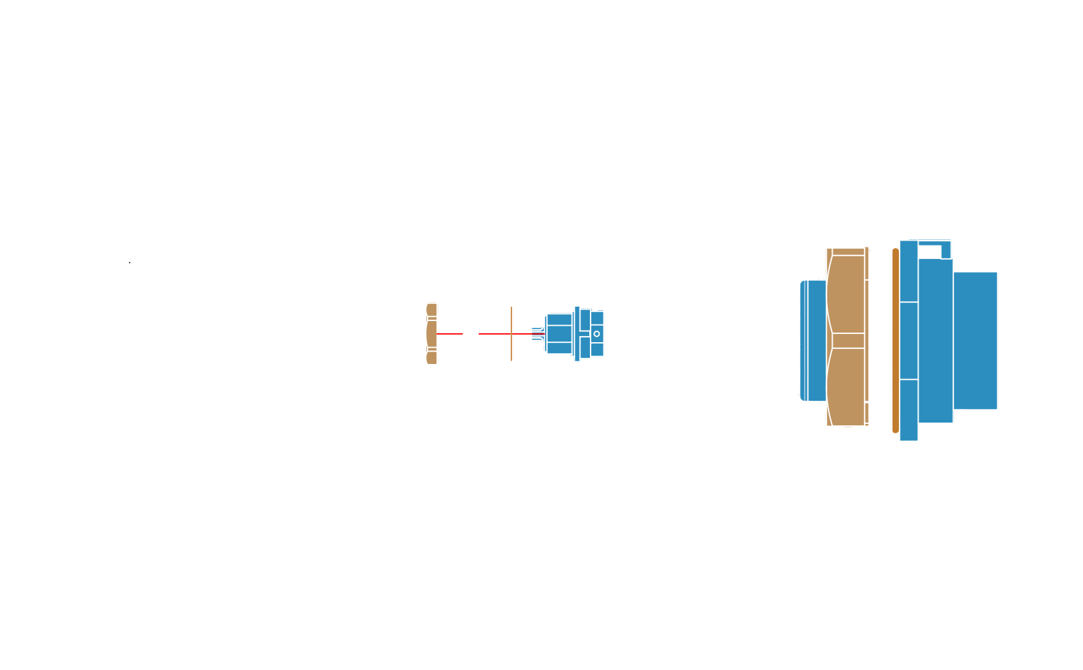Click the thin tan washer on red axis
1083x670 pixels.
pyautogui.click(x=511, y=333)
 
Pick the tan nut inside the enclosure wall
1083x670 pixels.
pyautogui.click(x=431, y=333)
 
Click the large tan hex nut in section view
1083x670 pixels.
pyautogui.click(x=846, y=336)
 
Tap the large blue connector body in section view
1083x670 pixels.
pyautogui.click(x=955, y=341)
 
